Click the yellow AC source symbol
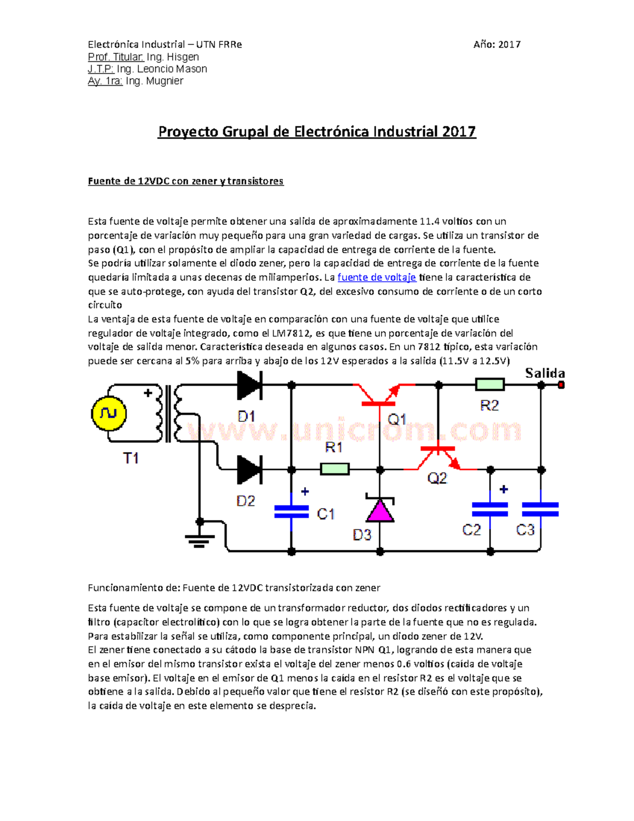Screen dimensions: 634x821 pyautogui.click(x=108, y=413)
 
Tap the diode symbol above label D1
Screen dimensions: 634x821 pyautogui.click(x=249, y=385)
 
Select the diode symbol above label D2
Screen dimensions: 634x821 pyautogui.click(x=249, y=469)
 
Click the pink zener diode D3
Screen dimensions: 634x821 pyautogui.click(x=380, y=511)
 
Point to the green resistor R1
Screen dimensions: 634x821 pyautogui.click(x=334, y=469)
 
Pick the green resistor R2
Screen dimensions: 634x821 pyautogui.click(x=490, y=385)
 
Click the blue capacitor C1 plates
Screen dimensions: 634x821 pyautogui.click(x=291, y=511)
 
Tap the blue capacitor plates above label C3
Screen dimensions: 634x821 pyautogui.click(x=540, y=509)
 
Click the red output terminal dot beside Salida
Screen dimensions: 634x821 pyautogui.click(x=561, y=385)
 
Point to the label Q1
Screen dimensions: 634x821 pyautogui.click(x=397, y=420)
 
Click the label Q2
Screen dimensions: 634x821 pyautogui.click(x=437, y=478)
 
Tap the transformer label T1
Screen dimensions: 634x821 pyautogui.click(x=131, y=458)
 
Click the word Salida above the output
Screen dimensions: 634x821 pyautogui.click(x=545, y=373)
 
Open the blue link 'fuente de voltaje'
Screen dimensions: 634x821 pyautogui.click(x=377, y=278)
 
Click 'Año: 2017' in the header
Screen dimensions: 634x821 pyautogui.click(x=497, y=45)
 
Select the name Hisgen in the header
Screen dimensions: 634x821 pyautogui.click(x=183, y=57)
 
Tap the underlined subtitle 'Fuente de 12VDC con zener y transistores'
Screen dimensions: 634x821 pyautogui.click(x=185, y=181)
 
